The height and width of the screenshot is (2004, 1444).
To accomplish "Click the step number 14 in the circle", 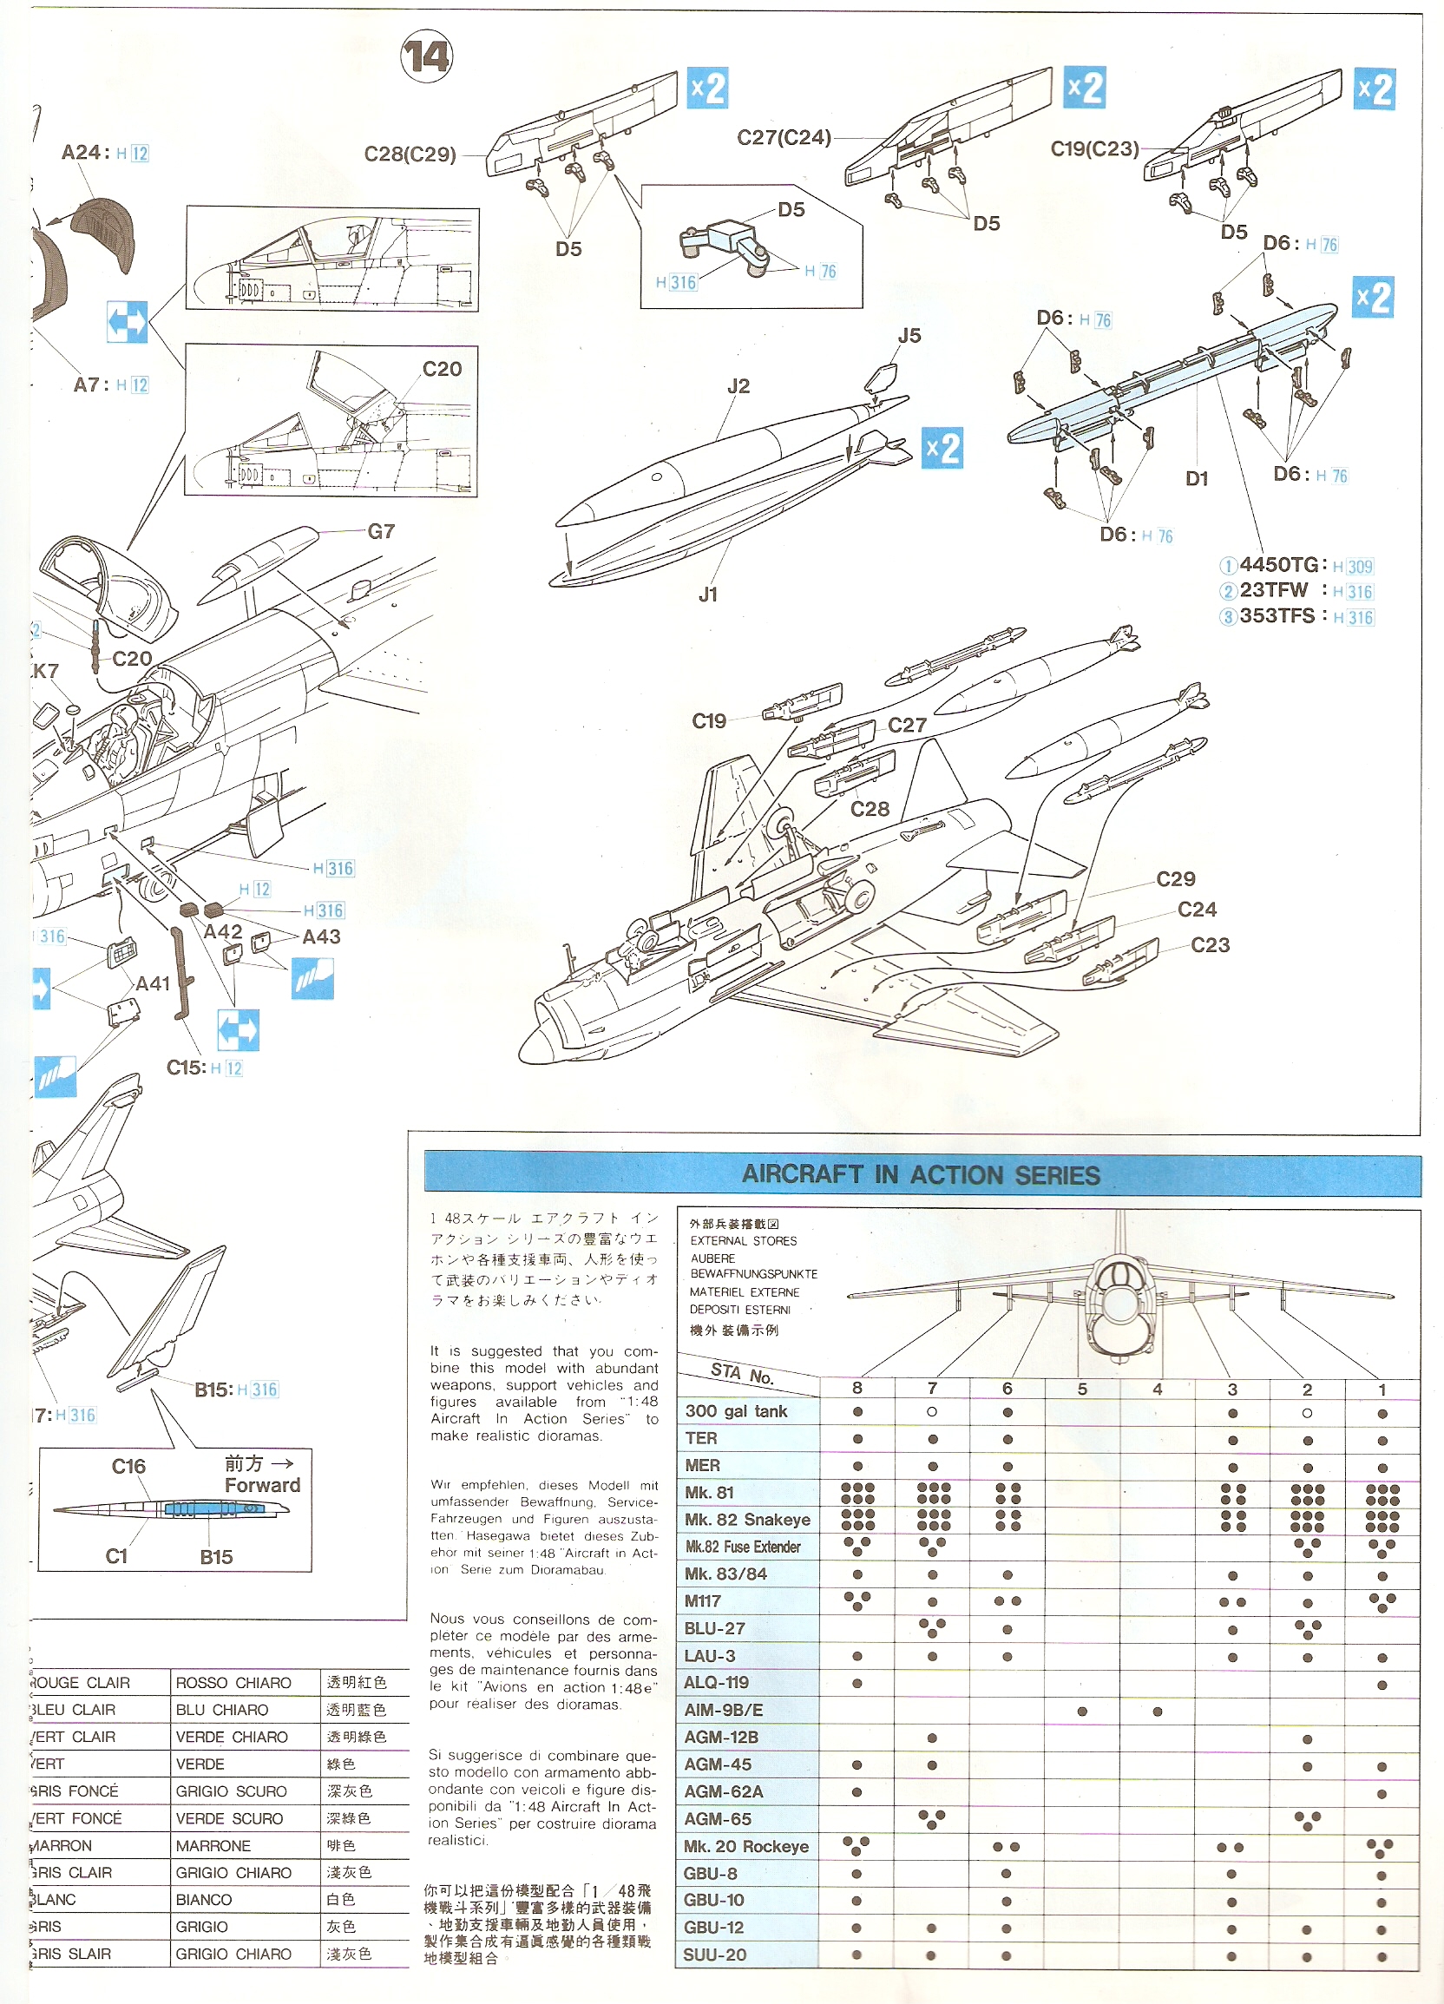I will [x=427, y=57].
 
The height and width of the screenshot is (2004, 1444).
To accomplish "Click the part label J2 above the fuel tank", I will [x=738, y=386].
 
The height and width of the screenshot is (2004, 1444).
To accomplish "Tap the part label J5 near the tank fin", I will [x=909, y=336].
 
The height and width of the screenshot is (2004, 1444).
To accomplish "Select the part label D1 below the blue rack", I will [x=1197, y=479].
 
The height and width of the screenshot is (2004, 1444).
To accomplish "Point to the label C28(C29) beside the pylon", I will [x=410, y=154].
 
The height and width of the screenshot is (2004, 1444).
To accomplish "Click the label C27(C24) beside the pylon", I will [x=784, y=138].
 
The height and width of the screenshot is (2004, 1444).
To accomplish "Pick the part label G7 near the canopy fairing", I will [x=381, y=532].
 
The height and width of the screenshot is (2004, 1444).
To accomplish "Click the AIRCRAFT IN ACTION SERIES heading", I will [x=921, y=1174].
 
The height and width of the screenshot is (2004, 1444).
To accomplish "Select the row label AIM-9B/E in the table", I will [x=723, y=1710].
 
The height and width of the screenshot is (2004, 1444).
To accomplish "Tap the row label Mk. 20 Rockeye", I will [x=745, y=1846].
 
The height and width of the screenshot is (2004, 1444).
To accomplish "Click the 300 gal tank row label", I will [x=736, y=1411].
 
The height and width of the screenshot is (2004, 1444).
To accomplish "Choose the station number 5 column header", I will [x=1081, y=1389].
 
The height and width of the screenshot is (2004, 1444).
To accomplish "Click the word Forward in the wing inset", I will [x=262, y=1485].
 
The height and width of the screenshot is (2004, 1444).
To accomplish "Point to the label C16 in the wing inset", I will [x=128, y=1467].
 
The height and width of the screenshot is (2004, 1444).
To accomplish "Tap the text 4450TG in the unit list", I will [x=1279, y=565].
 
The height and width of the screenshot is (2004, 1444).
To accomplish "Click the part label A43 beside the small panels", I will [x=321, y=936].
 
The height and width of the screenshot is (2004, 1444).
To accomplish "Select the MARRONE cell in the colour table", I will [x=213, y=1846].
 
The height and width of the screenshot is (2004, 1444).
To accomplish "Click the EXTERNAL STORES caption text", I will [x=743, y=1240].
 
